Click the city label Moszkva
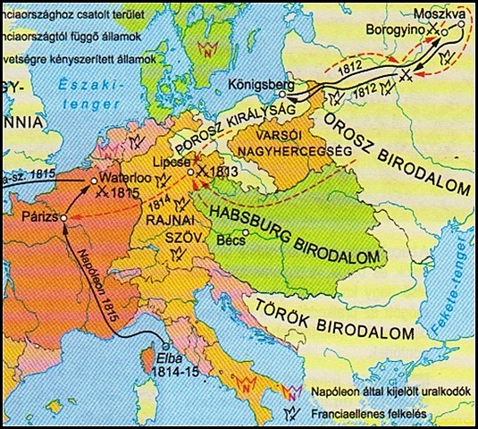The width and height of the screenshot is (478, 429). click(x=426, y=14)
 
